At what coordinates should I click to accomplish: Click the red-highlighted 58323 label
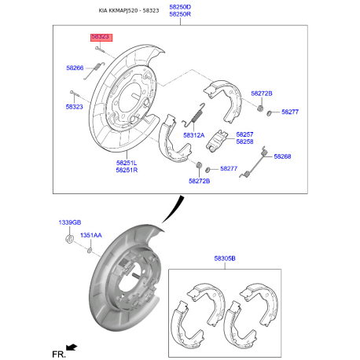[101, 37]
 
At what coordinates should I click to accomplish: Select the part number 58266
[75, 68]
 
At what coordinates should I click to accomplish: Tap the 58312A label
[194, 135]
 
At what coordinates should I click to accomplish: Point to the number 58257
[244, 134]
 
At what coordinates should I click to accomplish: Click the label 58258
[244, 141]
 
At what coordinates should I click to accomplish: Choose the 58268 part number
[282, 156]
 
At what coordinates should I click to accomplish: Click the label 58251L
[127, 163]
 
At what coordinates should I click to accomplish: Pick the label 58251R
[127, 170]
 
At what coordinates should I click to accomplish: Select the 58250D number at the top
[180, 7]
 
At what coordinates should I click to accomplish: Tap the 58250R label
[180, 14]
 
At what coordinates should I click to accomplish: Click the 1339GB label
[70, 222]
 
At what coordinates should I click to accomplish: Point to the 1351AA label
[91, 235]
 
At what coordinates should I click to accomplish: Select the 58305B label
[225, 259]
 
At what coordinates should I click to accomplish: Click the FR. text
[59, 354]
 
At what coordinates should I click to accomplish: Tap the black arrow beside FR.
[72, 347]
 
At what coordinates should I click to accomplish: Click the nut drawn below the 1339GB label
[70, 239]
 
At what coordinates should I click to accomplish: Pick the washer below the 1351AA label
[90, 250]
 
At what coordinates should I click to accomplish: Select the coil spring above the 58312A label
[194, 114]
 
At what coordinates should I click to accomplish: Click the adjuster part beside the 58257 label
[216, 141]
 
